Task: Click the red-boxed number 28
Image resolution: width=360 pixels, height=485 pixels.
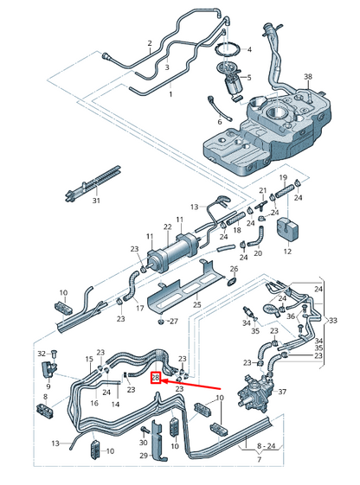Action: [156, 378]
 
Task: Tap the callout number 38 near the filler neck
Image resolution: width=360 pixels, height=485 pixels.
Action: [307, 77]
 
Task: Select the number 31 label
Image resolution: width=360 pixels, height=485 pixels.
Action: [96, 201]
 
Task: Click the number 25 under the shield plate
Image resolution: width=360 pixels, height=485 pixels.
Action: [196, 305]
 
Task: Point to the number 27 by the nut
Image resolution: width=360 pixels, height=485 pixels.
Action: [173, 321]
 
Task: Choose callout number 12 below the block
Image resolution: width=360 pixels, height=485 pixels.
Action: [287, 252]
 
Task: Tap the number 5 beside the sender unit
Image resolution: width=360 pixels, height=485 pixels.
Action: [248, 78]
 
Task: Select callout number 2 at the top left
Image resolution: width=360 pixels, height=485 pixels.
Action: [149, 43]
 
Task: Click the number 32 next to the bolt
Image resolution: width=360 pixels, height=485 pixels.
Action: [40, 354]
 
